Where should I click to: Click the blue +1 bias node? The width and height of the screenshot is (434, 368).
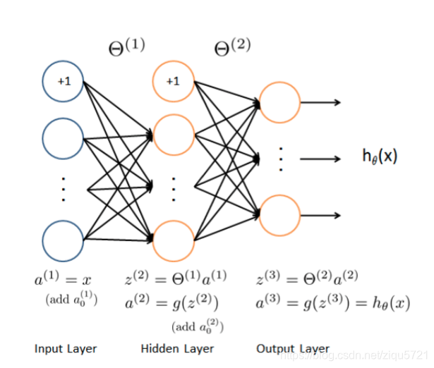point(64,82)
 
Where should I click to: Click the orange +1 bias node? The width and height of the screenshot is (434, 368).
point(173,81)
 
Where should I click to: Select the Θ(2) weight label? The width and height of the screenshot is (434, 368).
point(232,48)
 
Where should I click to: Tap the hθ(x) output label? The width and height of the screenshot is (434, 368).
point(380,157)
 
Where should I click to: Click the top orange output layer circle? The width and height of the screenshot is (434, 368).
point(279,102)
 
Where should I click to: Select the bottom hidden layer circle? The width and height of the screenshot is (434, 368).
point(173,240)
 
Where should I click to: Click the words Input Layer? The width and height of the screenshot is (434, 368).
point(66,348)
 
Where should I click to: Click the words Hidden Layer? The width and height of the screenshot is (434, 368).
point(177,348)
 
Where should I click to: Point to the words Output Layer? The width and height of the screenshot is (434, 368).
point(293,348)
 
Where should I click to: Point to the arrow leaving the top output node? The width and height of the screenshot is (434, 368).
point(321,102)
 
